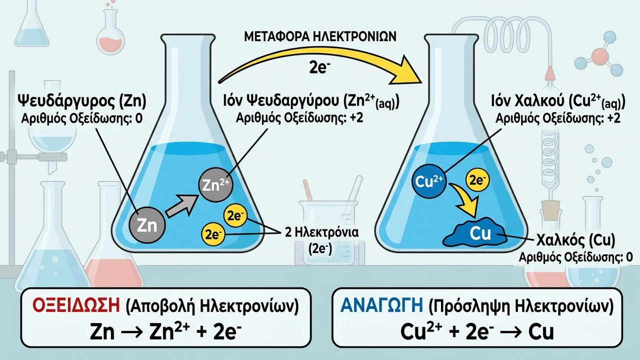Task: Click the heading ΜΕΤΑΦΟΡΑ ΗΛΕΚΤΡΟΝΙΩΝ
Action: (320, 37)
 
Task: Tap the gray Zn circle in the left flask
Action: (147, 225)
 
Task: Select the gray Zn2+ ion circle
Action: (215, 185)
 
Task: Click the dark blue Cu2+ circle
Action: (429, 181)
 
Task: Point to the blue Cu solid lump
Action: (475, 232)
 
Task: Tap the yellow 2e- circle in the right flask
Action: (477, 180)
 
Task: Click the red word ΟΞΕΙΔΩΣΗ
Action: (76, 306)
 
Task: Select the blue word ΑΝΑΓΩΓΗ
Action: (381, 305)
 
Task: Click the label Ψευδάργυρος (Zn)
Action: (81, 101)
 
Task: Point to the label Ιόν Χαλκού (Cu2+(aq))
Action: (558, 102)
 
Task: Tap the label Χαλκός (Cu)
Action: (575, 240)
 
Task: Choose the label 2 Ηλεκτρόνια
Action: (321, 232)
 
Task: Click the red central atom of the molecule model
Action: (599, 56)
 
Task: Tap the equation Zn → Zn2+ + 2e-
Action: (165, 332)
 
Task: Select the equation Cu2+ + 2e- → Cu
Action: (477, 331)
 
